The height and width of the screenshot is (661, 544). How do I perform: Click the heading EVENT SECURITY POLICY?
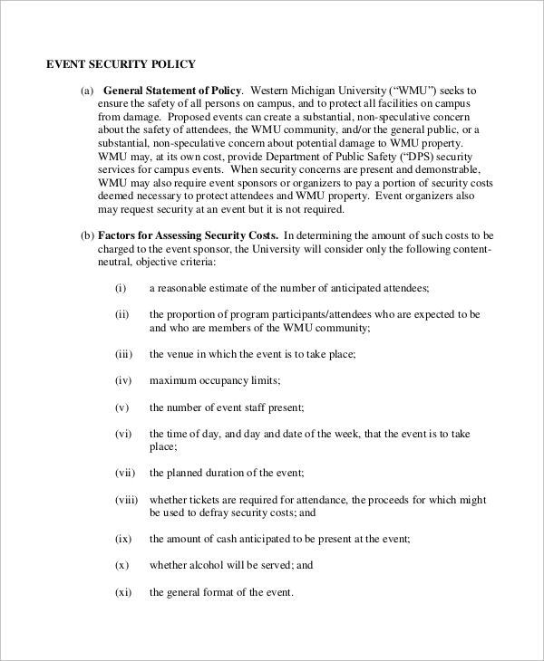coord(121,64)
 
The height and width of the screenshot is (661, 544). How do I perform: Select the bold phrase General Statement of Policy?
coord(172,91)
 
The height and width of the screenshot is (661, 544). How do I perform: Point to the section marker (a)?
coord(87,91)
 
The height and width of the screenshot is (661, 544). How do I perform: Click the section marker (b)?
coord(87,236)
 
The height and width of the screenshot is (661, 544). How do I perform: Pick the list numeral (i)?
coord(121,288)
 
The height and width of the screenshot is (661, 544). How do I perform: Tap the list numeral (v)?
coord(121,407)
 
